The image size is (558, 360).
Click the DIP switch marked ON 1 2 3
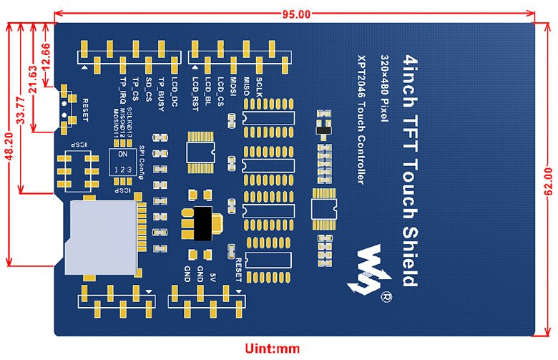click(124, 162)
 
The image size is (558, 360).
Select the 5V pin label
click(213, 276)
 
